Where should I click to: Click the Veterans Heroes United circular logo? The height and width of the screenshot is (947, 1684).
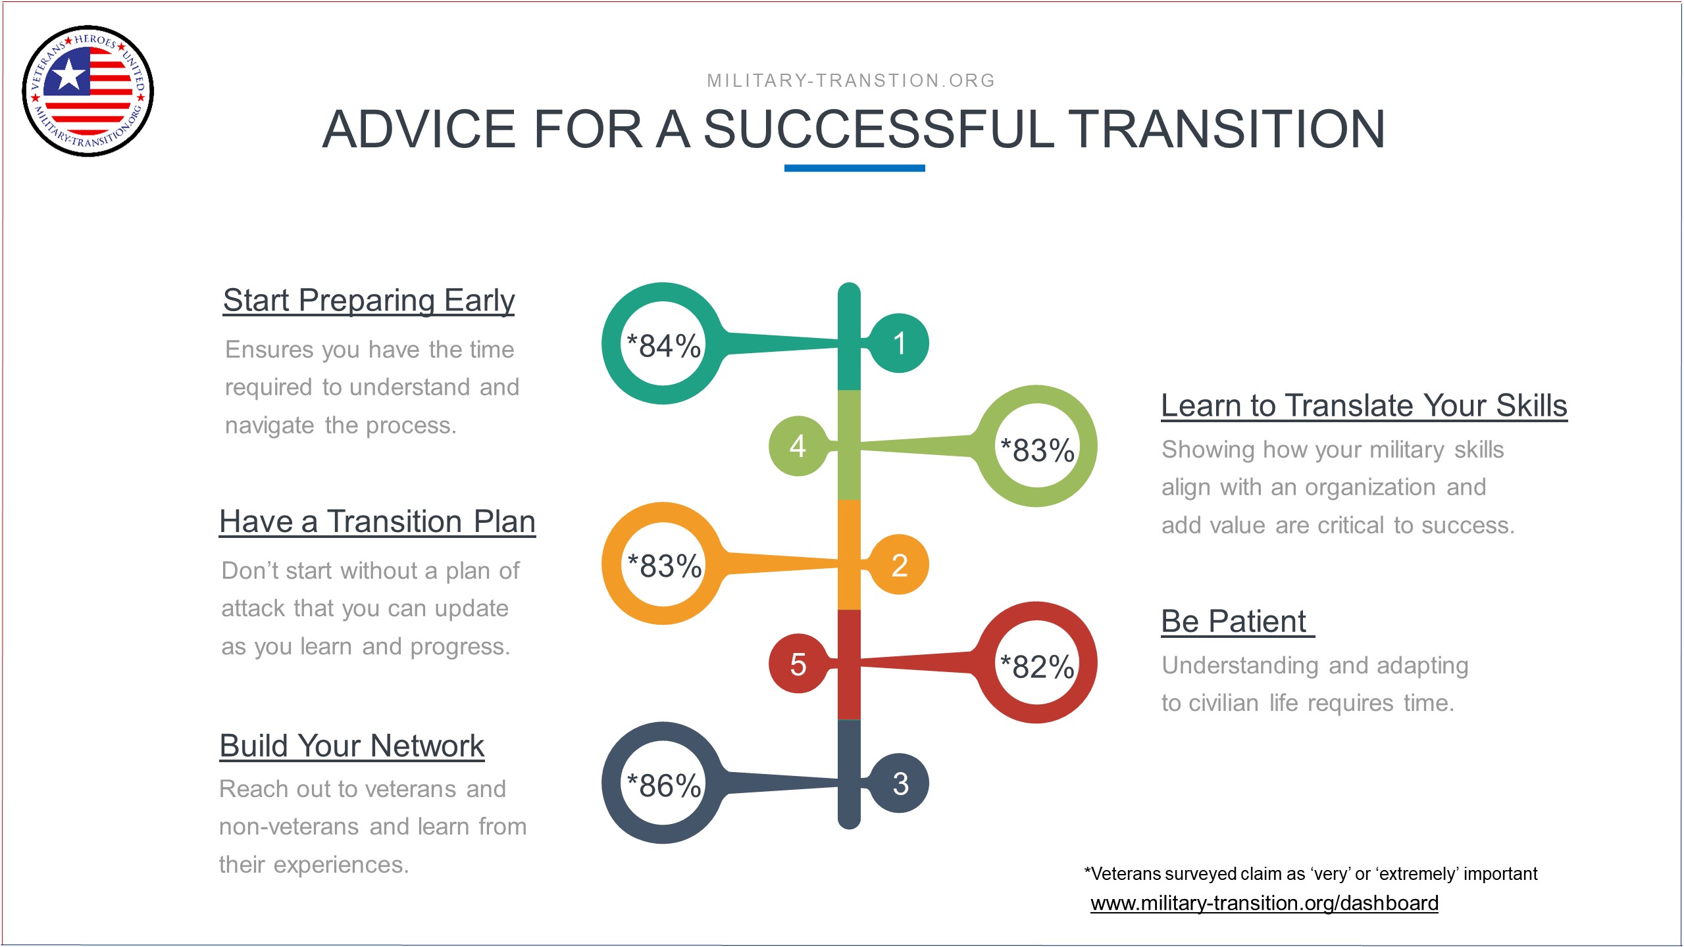coord(88,91)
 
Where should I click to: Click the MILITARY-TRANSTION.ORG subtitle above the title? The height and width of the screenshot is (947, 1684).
coord(851,81)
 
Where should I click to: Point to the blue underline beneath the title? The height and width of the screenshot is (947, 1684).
coord(854,168)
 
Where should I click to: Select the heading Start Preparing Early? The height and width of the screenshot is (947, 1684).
coord(369,301)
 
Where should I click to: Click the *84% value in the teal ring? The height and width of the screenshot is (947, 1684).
coord(663,345)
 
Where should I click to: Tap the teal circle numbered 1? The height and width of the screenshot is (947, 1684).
coord(899,343)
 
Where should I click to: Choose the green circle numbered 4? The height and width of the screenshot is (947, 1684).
coord(798,446)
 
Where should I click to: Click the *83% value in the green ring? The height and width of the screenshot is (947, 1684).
coord(1037,450)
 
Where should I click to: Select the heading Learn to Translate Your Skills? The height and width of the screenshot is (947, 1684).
coord(1364,406)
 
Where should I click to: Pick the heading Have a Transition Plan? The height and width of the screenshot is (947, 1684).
coord(377,522)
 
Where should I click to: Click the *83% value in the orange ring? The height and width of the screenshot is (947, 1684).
coord(664,565)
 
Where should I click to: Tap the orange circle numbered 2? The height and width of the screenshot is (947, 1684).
coord(899,564)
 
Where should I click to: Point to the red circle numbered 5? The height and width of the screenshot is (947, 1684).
coord(798,664)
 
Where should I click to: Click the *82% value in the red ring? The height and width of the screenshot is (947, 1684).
coord(1037,666)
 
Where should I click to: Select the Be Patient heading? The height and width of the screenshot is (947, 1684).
coord(1237,621)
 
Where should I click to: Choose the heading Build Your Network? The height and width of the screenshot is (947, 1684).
coord(352,746)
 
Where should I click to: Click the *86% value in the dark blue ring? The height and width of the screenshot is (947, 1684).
coord(663,785)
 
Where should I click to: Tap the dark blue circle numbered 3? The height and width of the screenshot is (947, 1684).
coord(899,783)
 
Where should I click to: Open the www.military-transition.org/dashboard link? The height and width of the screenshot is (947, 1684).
coord(1264,904)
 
